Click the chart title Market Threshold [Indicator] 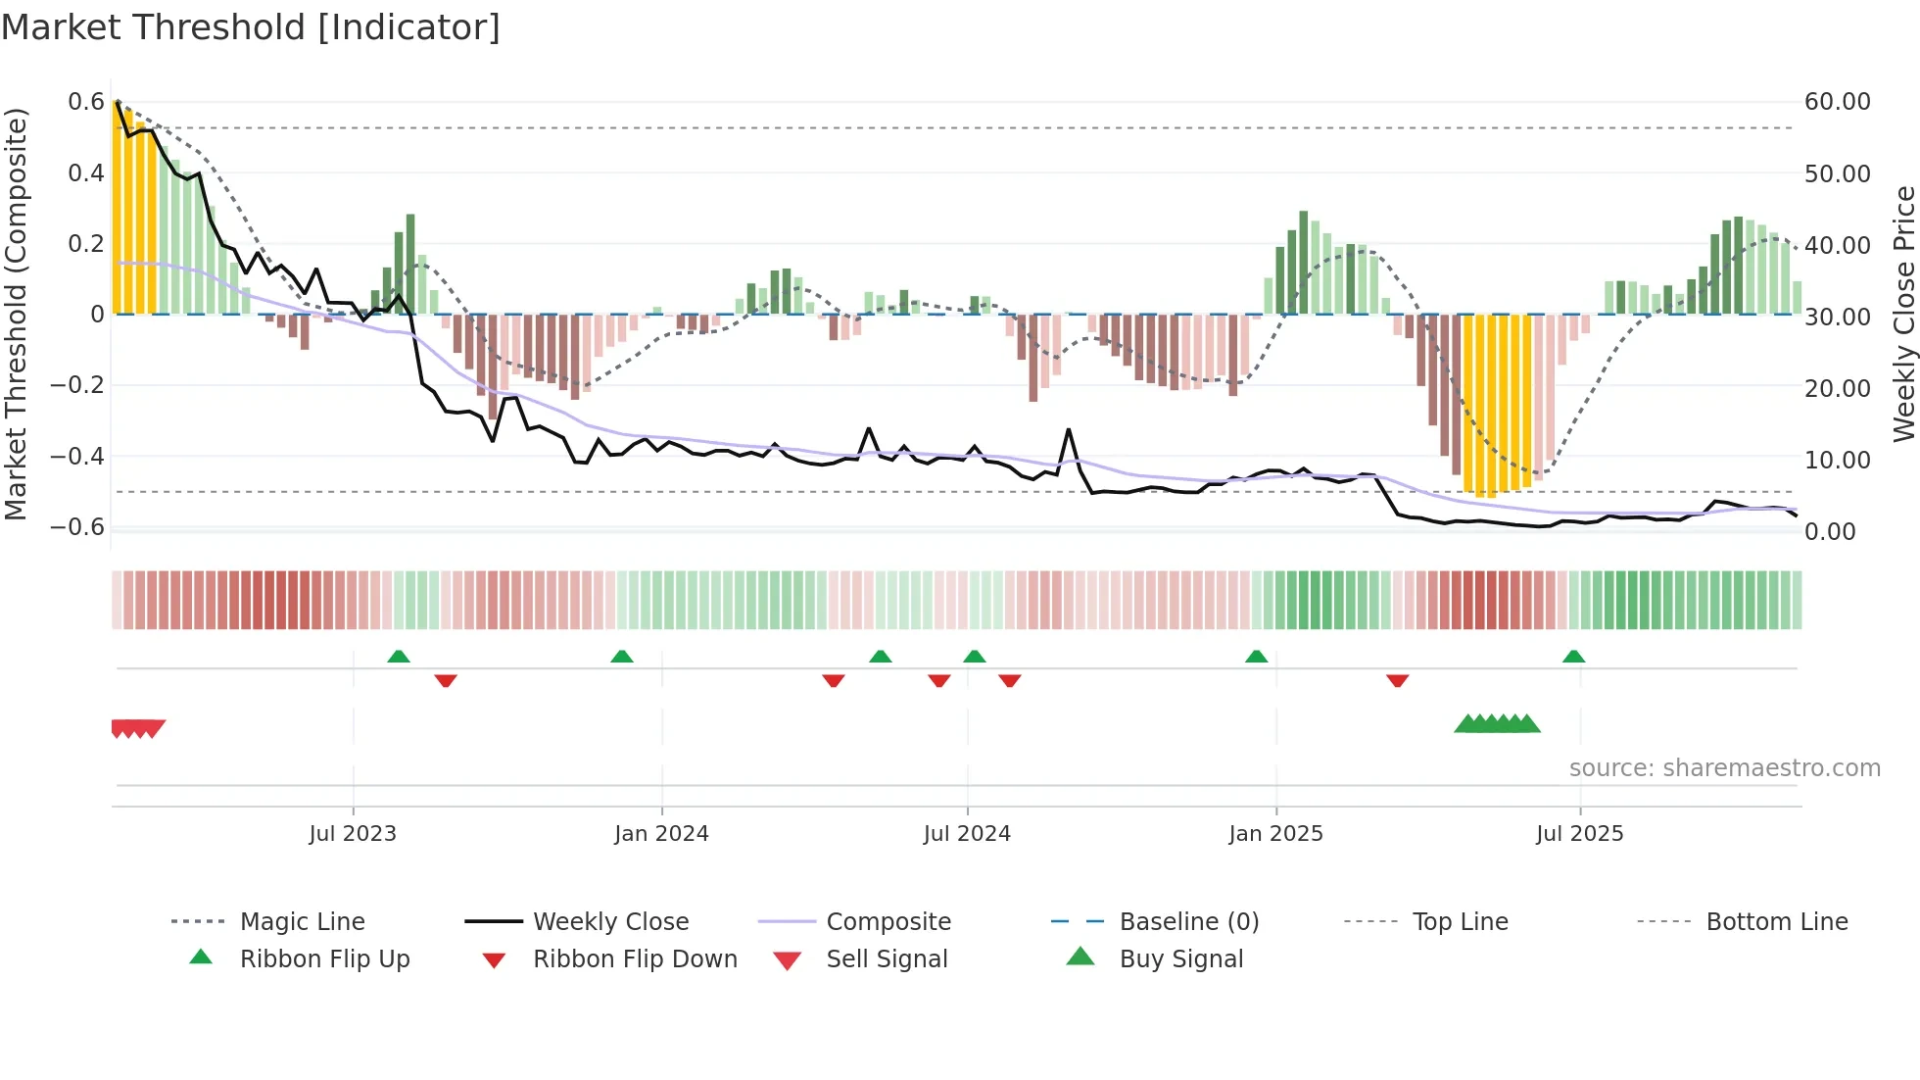point(251,27)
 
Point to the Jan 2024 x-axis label point(661,833)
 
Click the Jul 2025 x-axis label point(1579,833)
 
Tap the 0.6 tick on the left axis point(86,102)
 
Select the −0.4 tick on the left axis point(77,456)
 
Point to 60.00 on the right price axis point(1837,102)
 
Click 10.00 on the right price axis point(1837,460)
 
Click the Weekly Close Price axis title point(1902,314)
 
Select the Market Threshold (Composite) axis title point(16,314)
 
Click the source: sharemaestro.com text point(1724,767)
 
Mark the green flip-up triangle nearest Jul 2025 point(1573,656)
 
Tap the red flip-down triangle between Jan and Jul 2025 point(1397,680)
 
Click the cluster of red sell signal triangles point(137,728)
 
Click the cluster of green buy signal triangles point(1497,724)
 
